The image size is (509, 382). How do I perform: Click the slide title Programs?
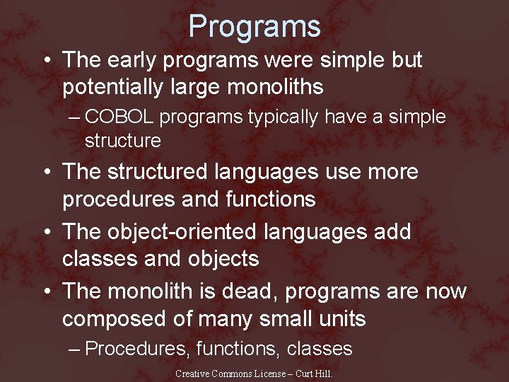(255, 27)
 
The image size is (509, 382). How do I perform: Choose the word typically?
(283, 117)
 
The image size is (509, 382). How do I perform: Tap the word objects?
(224, 259)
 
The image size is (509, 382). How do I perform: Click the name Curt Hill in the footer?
(315, 374)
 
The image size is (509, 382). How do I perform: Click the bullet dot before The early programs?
(45, 61)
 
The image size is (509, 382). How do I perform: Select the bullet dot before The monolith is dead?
(45, 291)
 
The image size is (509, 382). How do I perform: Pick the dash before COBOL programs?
(76, 117)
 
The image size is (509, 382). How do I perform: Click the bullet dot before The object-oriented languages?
(45, 233)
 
